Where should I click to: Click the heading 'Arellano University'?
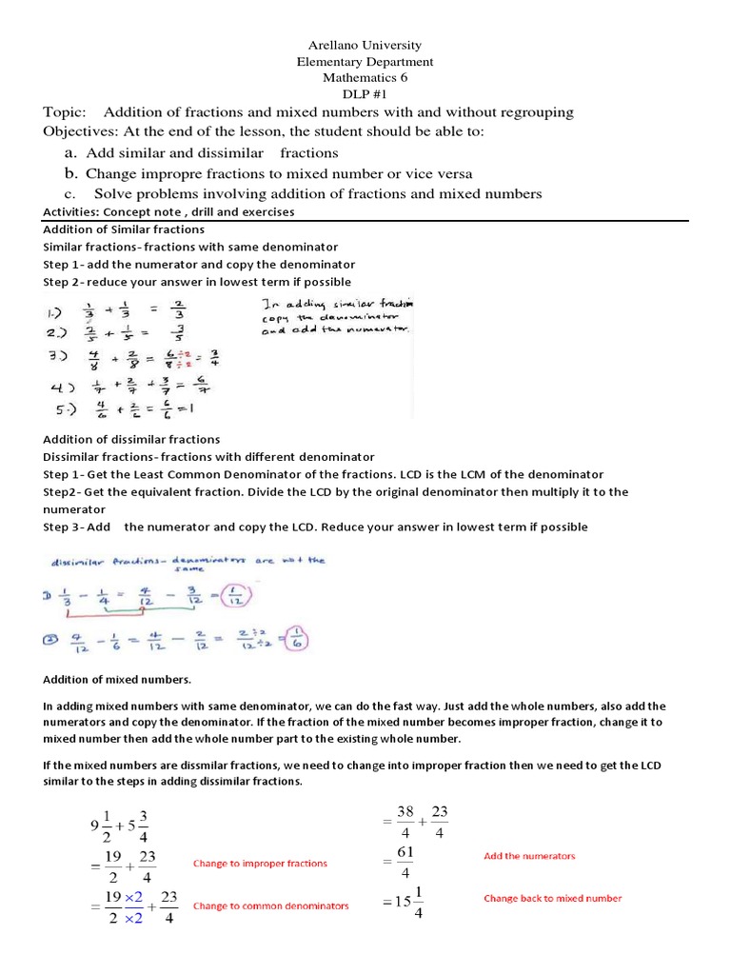click(x=365, y=45)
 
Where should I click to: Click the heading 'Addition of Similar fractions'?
click(x=124, y=229)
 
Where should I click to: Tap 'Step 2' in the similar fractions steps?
click(x=64, y=282)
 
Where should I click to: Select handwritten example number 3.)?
click(x=58, y=357)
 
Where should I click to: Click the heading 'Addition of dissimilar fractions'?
click(x=131, y=439)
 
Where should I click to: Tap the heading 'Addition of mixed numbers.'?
click(x=117, y=679)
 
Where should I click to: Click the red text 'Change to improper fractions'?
click(x=260, y=864)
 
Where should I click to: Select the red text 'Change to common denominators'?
click(x=270, y=905)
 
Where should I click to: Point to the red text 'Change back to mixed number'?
click(x=552, y=898)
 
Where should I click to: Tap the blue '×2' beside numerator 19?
click(x=133, y=897)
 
